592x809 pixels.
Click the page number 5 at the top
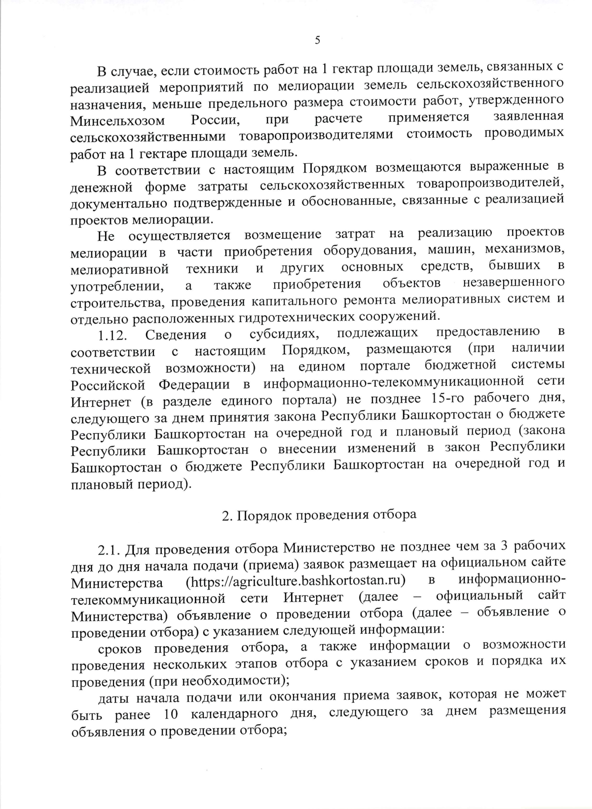tap(317, 40)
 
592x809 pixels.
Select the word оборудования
tap(367, 250)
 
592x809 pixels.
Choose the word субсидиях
tap(284, 334)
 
